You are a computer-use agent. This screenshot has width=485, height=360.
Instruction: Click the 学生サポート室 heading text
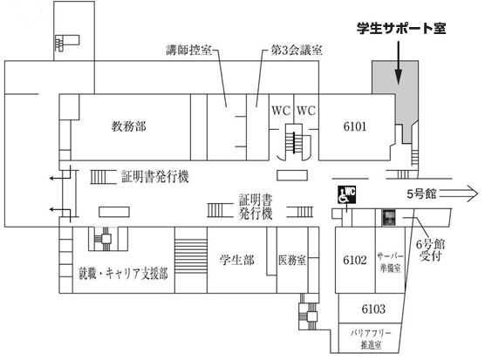(401, 29)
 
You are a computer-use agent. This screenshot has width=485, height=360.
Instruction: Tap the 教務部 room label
(129, 126)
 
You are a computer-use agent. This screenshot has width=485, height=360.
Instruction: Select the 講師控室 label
(188, 50)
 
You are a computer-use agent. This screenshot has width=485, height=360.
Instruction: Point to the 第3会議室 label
(297, 50)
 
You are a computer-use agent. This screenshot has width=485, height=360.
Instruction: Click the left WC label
(281, 111)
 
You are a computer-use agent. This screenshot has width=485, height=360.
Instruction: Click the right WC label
(306, 111)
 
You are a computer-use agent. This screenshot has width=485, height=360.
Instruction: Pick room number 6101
(355, 126)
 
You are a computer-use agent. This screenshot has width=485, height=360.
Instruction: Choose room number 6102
(355, 260)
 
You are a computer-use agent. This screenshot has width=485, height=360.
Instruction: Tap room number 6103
(373, 309)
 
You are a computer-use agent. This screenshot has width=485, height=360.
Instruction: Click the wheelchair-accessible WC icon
(346, 194)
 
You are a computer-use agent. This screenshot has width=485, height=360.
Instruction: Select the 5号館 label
(421, 194)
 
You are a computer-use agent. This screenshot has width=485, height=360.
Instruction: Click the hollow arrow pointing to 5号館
(459, 194)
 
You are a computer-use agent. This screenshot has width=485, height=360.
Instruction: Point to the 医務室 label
(292, 260)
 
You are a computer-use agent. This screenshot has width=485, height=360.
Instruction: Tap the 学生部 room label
(237, 260)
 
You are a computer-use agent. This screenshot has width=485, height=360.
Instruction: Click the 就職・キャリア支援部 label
(123, 274)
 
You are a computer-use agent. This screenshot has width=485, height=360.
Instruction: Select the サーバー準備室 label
(390, 262)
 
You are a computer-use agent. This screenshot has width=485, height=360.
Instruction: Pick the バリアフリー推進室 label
(371, 339)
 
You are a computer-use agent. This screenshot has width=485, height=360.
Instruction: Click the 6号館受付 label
(430, 250)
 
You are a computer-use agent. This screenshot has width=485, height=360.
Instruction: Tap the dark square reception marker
(389, 217)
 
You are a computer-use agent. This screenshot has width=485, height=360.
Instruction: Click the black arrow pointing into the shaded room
(399, 63)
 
